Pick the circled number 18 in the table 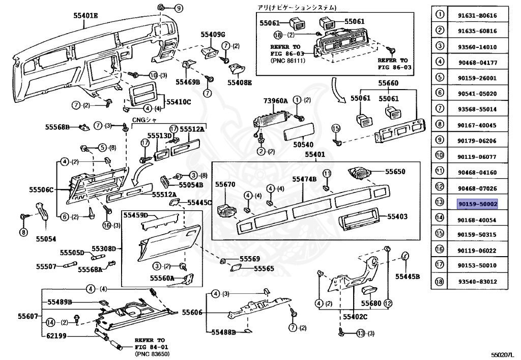[x=440, y=281]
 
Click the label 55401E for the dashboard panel [x=85, y=16]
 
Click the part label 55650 [x=395, y=172]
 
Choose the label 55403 [x=397, y=216]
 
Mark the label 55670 [x=225, y=184]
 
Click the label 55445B [x=407, y=276]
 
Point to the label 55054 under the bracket [x=46, y=238]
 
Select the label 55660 [x=388, y=82]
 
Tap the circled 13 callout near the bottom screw [x=361, y=334]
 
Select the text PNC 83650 [x=152, y=354]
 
